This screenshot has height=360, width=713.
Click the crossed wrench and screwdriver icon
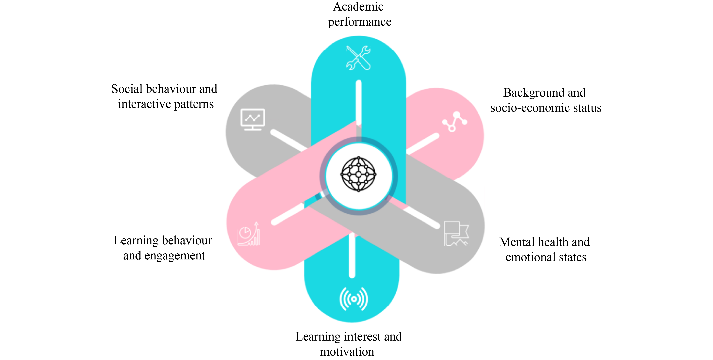click(358, 58)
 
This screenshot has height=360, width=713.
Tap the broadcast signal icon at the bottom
click(354, 299)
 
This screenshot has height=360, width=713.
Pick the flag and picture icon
click(456, 233)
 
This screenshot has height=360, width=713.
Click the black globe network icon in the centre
click(358, 174)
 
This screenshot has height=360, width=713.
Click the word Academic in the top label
click(358, 7)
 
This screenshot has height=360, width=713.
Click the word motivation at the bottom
click(347, 352)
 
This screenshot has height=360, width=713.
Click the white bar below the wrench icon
click(358, 102)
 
